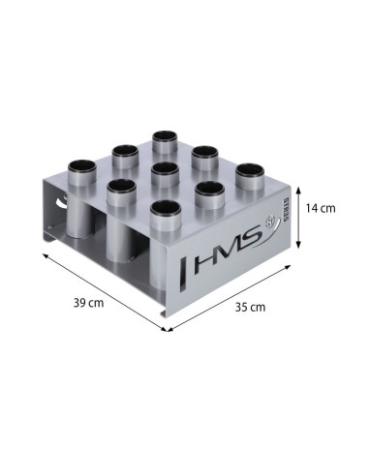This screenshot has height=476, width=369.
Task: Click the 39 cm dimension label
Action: [88, 302]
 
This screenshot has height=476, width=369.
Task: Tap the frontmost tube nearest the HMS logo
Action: [167, 209]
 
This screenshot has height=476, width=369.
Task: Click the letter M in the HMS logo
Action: [228, 254]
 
